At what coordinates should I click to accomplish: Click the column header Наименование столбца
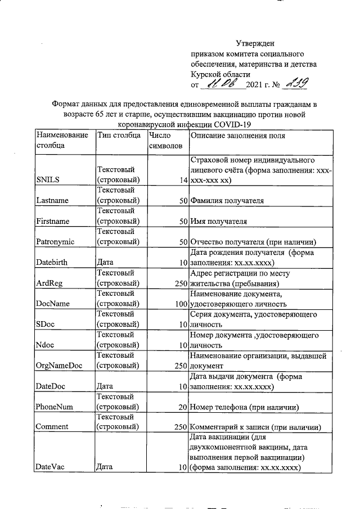click(62, 141)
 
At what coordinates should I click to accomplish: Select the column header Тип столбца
click(119, 136)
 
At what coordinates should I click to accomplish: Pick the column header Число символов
click(166, 141)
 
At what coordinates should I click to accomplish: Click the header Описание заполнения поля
click(238, 136)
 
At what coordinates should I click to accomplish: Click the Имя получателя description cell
click(219, 222)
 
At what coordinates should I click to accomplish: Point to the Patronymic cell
click(55, 242)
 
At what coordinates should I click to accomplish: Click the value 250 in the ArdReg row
click(180, 283)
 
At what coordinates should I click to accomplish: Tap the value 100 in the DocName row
click(180, 304)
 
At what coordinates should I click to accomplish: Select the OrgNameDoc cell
click(59, 366)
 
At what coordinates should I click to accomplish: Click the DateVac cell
click(50, 467)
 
